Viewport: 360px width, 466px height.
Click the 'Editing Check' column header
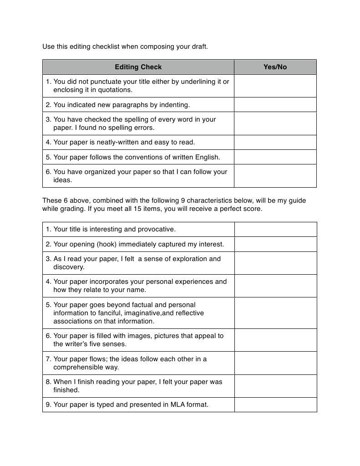tap(138, 67)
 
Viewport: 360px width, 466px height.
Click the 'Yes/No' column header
tap(275, 67)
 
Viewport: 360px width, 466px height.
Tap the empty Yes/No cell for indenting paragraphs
tap(275, 105)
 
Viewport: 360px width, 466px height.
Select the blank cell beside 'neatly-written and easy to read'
tap(275, 142)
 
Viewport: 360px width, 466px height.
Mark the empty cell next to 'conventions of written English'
tap(275, 157)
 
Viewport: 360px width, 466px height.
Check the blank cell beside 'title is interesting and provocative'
tap(275, 229)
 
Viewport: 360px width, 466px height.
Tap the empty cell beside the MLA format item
tap(275, 405)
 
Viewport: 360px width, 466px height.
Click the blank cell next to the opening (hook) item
tap(275, 244)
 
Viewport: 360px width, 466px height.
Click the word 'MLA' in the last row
tap(177, 405)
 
